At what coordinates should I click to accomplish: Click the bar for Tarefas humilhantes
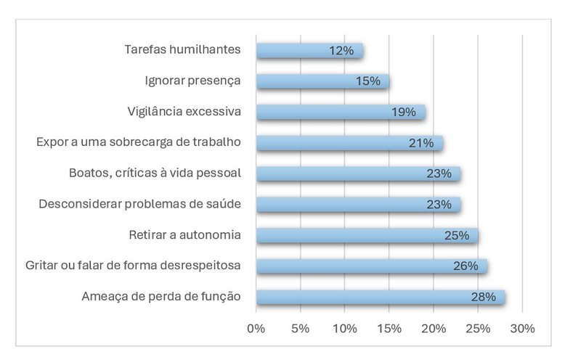point(309,51)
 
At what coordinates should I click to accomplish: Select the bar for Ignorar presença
point(322,81)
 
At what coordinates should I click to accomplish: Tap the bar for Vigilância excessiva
point(340,112)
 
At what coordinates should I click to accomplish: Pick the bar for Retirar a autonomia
point(367,235)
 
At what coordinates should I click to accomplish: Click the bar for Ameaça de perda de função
point(380,297)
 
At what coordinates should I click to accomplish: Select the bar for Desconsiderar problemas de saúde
point(357,205)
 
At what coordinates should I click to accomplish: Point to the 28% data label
point(482,297)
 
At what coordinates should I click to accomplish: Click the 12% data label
point(340,51)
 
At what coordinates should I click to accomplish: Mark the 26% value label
point(465,266)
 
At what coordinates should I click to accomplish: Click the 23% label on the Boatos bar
point(438,173)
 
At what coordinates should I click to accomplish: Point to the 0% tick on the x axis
point(256,328)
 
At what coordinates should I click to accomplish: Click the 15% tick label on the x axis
point(389,328)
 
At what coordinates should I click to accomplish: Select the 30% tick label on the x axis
point(522,328)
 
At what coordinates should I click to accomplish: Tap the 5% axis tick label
point(300,328)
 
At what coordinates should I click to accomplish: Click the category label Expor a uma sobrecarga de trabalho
point(138,142)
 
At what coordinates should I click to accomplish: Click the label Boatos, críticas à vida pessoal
point(154,173)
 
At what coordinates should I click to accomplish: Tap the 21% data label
point(420,143)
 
